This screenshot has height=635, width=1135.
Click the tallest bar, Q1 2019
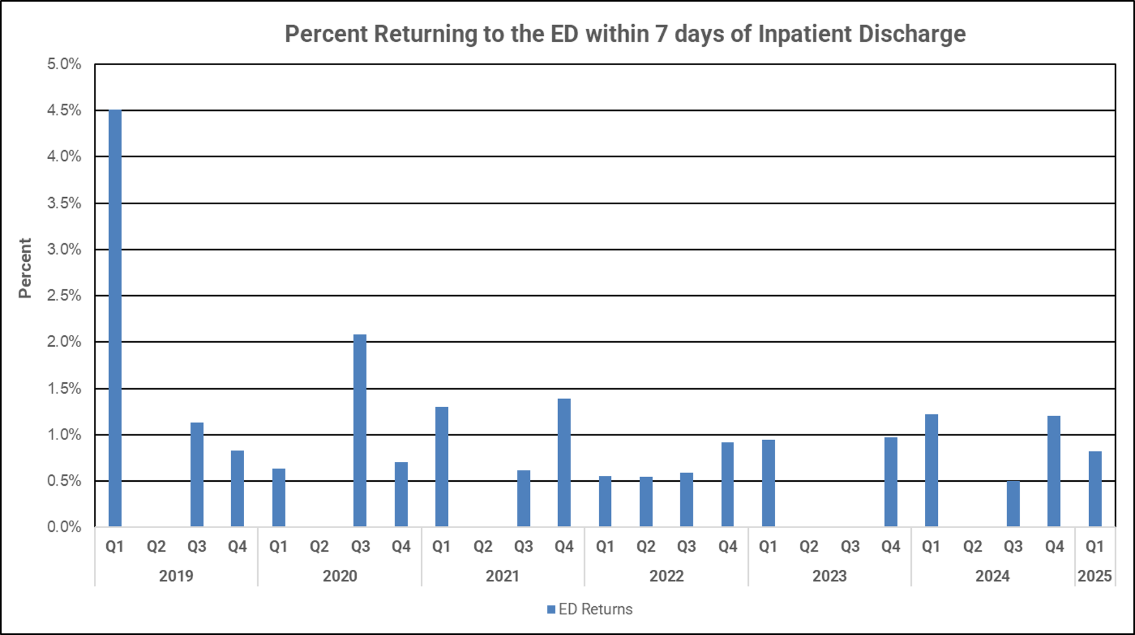click(x=115, y=317)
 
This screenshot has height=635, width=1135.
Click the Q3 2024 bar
click(x=1013, y=504)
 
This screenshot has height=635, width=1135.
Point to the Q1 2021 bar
click(x=442, y=467)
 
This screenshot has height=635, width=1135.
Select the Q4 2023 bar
click(x=891, y=482)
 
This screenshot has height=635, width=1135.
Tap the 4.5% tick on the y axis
click(x=64, y=110)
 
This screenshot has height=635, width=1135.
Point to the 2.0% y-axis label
click(x=64, y=342)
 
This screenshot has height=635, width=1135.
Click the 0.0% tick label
click(x=64, y=527)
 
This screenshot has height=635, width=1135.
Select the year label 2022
click(x=666, y=576)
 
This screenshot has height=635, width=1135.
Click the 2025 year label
click(x=1095, y=576)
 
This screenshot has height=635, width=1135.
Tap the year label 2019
click(x=176, y=576)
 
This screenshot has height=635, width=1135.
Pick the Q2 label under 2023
click(x=809, y=547)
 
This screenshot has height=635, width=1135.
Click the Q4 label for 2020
click(x=401, y=547)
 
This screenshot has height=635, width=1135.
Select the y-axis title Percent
click(x=25, y=268)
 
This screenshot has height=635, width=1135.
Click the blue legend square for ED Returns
click(x=551, y=610)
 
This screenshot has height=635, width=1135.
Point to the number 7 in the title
click(x=661, y=34)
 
